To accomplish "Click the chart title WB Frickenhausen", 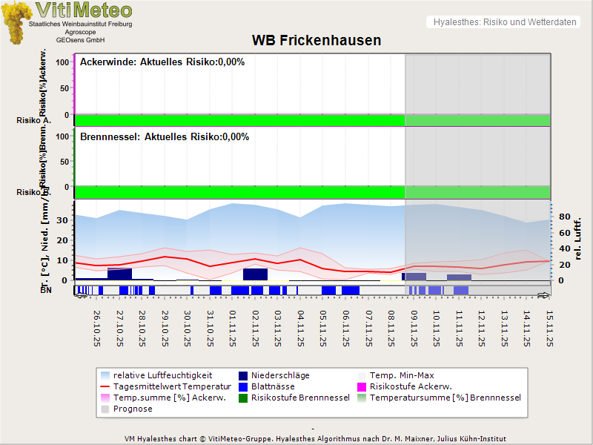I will [317, 40].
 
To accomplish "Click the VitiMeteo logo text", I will [84, 10].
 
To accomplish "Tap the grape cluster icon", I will [16, 22].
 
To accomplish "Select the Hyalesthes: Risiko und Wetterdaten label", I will [504, 22].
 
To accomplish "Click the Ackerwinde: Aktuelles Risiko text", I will [162, 62].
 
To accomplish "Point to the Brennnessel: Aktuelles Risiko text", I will [165, 137].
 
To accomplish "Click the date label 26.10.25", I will [97, 328].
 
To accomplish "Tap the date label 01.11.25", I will [233, 328].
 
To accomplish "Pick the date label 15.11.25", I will [549, 328].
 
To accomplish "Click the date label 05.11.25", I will [323, 328].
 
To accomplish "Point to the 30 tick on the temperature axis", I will [62, 220].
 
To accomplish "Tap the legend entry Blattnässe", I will [273, 386].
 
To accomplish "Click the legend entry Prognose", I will [133, 409].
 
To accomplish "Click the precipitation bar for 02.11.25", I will [255, 274].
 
